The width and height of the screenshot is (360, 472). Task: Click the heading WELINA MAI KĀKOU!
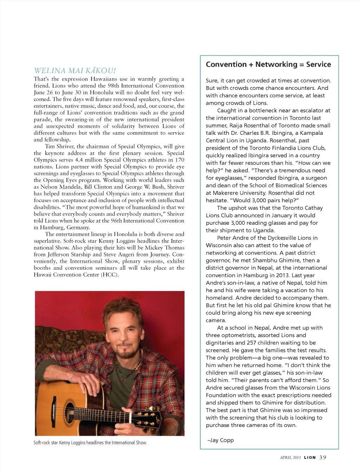pos(75,71)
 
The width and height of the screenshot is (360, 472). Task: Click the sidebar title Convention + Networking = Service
pos(268,65)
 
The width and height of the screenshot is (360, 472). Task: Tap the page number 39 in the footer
pos(323,457)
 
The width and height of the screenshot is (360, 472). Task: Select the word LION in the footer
pos(310,458)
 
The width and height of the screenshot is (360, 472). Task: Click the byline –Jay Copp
pos(221,440)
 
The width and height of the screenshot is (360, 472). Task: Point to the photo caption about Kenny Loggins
pos(90,443)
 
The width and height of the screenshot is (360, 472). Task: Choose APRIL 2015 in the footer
pos(290,458)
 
